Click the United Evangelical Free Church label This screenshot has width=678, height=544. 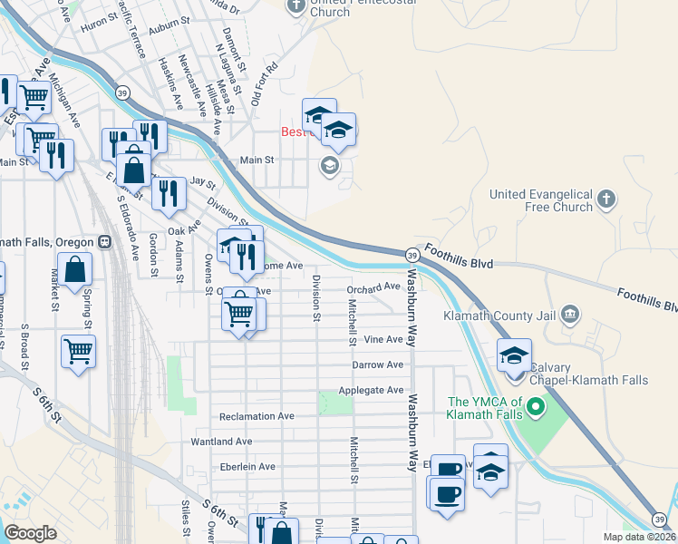[x=540, y=200]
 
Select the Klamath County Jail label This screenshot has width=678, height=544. [x=501, y=316]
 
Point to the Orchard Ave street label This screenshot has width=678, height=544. [x=373, y=287]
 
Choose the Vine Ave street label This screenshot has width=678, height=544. [x=383, y=340]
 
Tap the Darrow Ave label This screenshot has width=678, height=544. [x=378, y=364]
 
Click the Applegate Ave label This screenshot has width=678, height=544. [x=371, y=390]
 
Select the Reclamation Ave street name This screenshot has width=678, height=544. [x=257, y=416]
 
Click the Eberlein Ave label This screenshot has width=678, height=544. [x=247, y=467]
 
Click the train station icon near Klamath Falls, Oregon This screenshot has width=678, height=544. [x=105, y=242]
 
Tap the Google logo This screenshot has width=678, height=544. [x=30, y=532]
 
